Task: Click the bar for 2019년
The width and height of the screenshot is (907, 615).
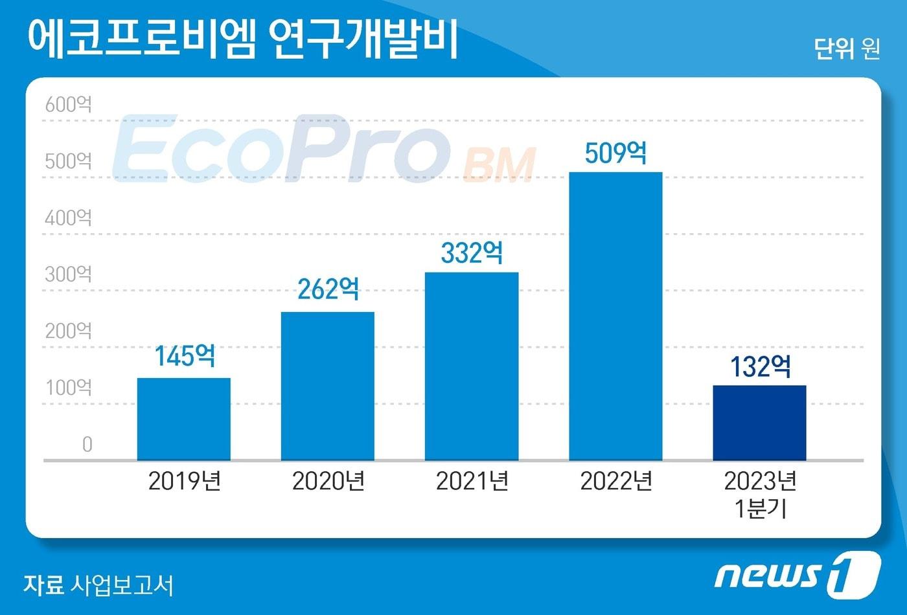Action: pos(184,419)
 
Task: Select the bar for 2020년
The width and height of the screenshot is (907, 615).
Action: pos(328,386)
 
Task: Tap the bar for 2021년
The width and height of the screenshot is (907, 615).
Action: pos(472,366)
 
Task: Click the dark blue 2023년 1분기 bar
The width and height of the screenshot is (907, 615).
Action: pos(759,423)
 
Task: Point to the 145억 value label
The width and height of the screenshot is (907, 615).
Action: pos(185,355)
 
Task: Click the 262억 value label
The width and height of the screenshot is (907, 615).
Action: pos(328,289)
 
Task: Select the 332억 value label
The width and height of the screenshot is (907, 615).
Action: pos(472,252)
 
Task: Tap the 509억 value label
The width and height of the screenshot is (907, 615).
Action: pos(615,153)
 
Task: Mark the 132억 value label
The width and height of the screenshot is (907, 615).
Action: pos(760,367)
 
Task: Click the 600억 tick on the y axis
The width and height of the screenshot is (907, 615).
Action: pos(69,105)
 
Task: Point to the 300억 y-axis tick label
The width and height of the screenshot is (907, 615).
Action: pos(69,274)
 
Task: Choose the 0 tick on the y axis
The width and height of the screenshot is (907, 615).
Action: pos(87,445)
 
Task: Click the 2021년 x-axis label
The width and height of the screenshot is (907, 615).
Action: pos(472,481)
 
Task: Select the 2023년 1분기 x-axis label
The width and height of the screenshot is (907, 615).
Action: pos(760,495)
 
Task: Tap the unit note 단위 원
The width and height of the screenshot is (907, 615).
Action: pos(846,49)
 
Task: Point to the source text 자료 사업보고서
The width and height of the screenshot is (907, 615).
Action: pos(98,585)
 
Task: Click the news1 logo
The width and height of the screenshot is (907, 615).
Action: pos(796,572)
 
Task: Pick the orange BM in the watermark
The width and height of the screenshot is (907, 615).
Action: pos(499,165)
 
